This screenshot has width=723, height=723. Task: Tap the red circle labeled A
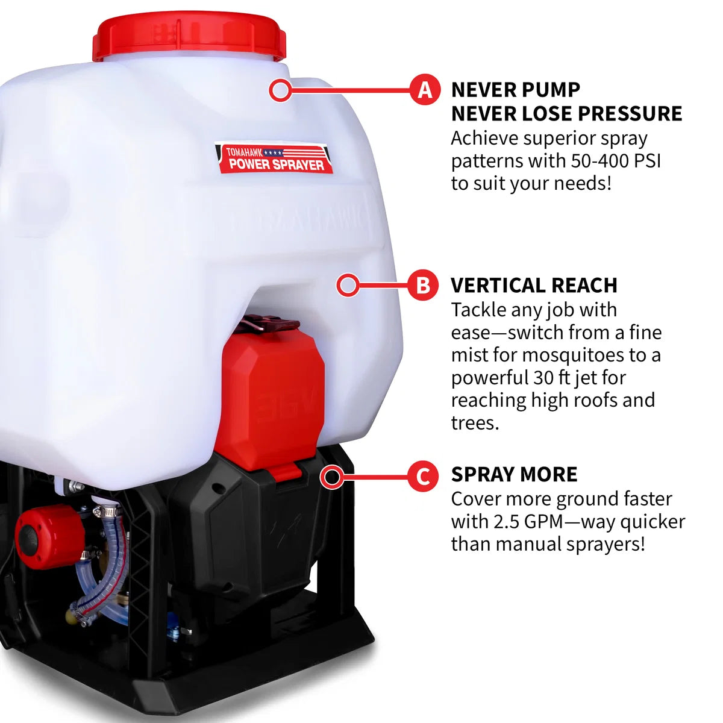(x=425, y=90)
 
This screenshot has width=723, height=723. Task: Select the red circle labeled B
(x=423, y=285)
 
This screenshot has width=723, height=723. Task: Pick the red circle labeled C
(x=423, y=477)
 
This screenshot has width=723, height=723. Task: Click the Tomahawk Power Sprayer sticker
(x=274, y=158)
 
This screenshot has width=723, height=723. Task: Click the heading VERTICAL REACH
(x=534, y=285)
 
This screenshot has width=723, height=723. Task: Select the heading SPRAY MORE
(x=514, y=475)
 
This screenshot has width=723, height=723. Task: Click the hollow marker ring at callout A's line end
(x=280, y=90)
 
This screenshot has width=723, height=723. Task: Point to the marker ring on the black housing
(x=331, y=477)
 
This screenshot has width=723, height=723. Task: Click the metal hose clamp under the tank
(x=107, y=511)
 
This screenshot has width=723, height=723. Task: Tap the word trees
(x=475, y=423)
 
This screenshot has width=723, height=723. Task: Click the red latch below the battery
(x=289, y=471)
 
